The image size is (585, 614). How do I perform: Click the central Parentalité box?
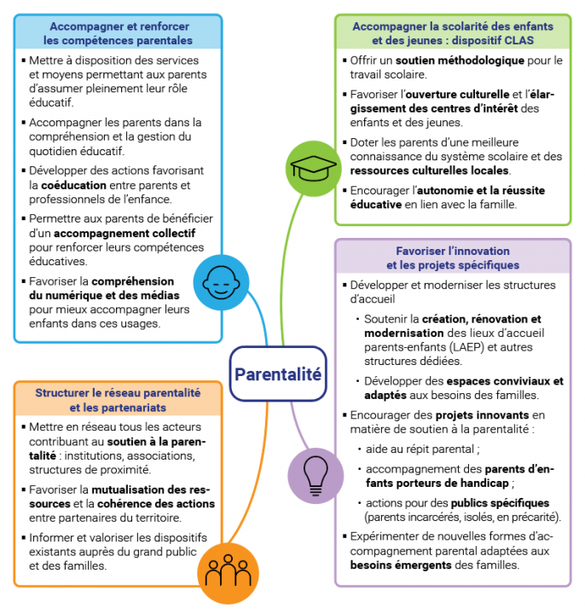point(278,374)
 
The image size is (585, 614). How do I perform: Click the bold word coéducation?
point(76,184)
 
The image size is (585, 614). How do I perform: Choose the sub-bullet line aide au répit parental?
point(421,449)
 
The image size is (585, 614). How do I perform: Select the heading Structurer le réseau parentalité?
point(118,393)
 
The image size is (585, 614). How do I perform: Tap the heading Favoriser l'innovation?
point(452,251)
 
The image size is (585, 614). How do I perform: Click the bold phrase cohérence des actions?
point(162,503)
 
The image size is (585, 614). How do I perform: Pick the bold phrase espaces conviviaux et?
point(503,381)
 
